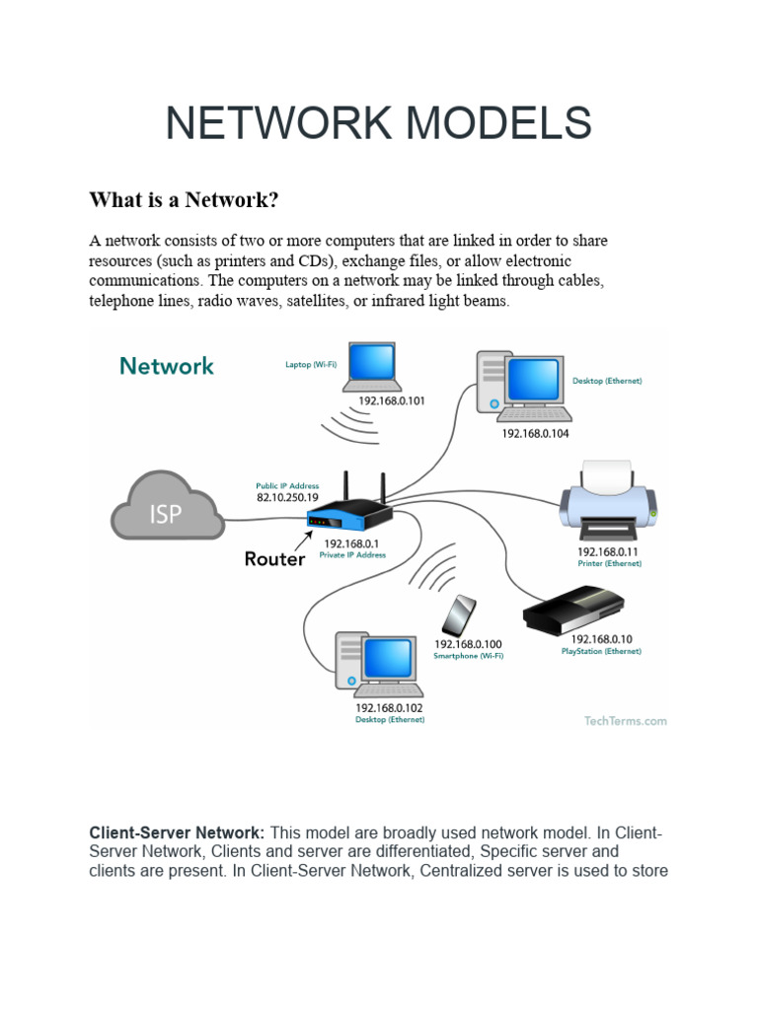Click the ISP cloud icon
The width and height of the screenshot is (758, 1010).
167,507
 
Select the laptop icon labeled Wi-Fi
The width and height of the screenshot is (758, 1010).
364,368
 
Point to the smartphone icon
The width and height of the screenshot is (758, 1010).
458,615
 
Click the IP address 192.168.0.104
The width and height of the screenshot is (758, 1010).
535,433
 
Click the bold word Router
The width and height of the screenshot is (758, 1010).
274,559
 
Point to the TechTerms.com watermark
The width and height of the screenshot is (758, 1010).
624,721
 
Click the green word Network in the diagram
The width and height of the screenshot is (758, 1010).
167,366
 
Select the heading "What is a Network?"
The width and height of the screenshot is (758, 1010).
185,200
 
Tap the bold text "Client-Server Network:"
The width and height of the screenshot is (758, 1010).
177,833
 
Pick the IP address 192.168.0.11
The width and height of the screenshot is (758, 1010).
608,551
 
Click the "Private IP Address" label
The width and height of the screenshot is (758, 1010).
352,555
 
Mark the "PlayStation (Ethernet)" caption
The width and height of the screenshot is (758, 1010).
601,651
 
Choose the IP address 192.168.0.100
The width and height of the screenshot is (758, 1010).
469,644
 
